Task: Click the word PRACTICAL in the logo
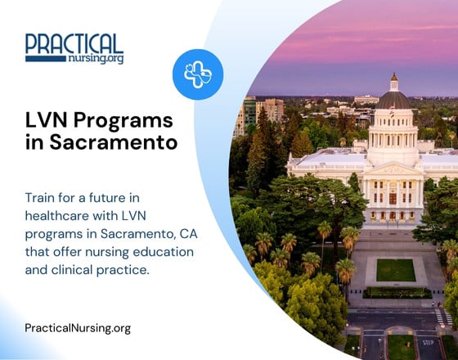tap(74, 43)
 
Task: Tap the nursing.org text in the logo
tap(97, 58)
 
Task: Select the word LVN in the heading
tap(45, 121)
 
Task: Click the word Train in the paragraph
tap(41, 198)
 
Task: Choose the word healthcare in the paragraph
tap(59, 216)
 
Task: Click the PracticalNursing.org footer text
tap(78, 328)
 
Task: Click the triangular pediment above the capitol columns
tap(393, 168)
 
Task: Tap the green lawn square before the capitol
tap(396, 269)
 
